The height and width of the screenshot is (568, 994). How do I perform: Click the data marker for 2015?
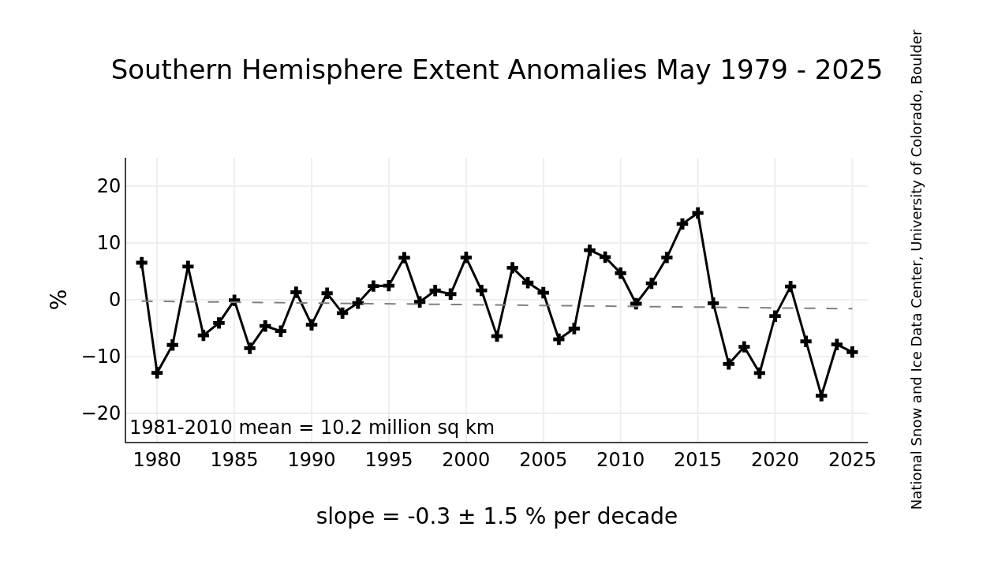tap(697, 213)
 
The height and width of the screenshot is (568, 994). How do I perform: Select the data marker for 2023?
tap(821, 395)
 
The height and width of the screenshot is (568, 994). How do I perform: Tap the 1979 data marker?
tap(141, 262)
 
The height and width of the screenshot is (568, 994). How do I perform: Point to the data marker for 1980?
tap(157, 372)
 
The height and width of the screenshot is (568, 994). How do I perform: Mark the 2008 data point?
tap(589, 250)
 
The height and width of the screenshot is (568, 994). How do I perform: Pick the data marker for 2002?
tap(497, 336)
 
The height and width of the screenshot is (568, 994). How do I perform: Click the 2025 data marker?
tap(852, 352)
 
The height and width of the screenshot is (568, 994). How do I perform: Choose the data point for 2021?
tap(790, 286)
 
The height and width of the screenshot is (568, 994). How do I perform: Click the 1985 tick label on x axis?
tap(234, 461)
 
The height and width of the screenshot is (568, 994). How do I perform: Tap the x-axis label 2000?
tap(465, 461)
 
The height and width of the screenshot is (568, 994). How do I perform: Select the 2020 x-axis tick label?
tap(775, 461)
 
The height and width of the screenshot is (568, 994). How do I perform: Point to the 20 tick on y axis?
tap(109, 186)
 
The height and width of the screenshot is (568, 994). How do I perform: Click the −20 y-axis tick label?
tap(101, 413)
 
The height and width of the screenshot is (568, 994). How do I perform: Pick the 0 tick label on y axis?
tap(114, 300)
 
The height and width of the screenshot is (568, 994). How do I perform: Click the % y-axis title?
tap(59, 300)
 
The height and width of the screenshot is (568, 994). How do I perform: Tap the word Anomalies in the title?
tap(579, 71)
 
